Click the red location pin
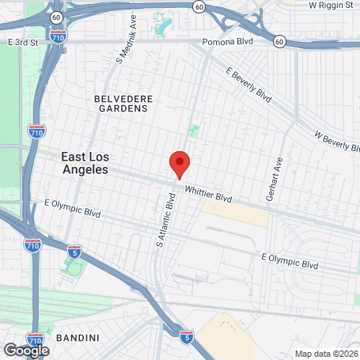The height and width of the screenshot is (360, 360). click(180, 164)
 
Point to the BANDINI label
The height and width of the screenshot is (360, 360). click(78, 338)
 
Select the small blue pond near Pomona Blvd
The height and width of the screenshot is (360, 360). click(163, 26)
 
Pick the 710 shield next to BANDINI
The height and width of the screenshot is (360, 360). click(36, 338)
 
